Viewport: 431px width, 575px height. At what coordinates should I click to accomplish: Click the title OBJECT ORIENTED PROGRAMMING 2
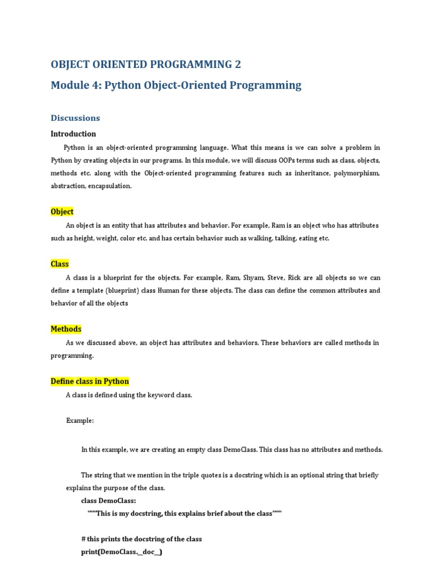146,64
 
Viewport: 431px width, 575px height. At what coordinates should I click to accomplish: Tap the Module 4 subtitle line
176,85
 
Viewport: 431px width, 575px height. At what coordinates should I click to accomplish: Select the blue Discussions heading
75,118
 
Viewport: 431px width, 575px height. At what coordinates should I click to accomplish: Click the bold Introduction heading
73,134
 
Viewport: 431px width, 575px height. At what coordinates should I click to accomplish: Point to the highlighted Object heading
62,212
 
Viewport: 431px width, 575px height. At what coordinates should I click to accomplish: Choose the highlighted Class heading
59,264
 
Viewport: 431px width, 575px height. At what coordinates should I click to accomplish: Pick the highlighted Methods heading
66,329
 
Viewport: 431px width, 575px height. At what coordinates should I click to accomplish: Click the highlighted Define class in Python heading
90,381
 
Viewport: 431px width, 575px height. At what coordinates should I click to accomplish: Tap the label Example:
80,421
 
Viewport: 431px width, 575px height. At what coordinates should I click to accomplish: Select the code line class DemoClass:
108,500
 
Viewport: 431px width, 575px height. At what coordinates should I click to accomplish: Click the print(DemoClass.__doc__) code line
122,552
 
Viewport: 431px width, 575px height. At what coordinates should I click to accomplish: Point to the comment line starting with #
141,539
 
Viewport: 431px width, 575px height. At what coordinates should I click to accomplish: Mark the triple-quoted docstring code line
184,513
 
